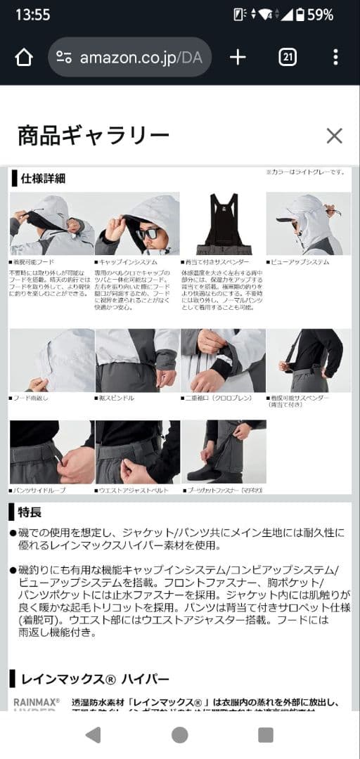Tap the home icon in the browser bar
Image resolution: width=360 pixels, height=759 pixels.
pos(24,58)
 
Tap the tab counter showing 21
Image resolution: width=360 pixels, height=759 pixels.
pos(288,58)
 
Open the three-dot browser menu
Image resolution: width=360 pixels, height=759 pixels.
pos(335,58)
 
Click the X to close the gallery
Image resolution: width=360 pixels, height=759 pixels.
pos(334,136)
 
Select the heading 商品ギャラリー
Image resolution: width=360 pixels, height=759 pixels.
pos(93,135)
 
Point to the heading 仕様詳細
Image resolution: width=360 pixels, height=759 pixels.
pos(43,178)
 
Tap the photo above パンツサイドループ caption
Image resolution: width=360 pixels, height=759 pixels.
pos(51,452)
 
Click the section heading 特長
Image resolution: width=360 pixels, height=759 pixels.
pos(29,512)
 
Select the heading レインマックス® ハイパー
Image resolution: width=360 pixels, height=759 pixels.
pos(95,679)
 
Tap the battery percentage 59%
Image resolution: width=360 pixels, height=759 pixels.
pos(320,14)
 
